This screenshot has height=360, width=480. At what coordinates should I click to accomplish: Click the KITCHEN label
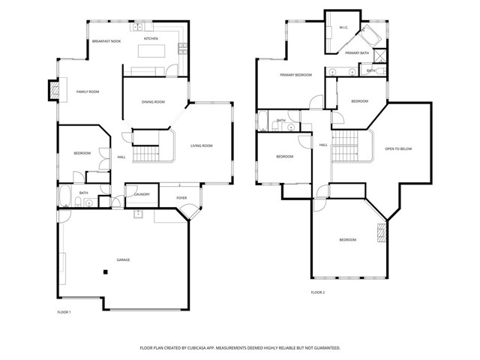pos(151,38)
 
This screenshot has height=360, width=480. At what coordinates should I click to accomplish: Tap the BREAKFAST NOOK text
pos(105,42)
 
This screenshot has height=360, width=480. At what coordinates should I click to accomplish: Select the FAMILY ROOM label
pos(88,91)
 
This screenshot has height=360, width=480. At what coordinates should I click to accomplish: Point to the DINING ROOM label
pos(154,102)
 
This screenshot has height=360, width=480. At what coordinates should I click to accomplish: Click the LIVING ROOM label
pos(202,145)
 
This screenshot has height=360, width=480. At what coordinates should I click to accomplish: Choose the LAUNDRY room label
pos(142,195)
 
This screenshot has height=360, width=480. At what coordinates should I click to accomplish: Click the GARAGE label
pos(123,259)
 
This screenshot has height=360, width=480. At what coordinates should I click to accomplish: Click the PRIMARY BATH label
pos(356,53)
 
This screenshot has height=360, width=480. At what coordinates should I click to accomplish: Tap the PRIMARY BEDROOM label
pos(295,75)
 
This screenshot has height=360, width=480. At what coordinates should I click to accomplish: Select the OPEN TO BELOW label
pos(398,148)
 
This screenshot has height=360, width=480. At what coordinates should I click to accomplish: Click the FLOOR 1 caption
pos(64,311)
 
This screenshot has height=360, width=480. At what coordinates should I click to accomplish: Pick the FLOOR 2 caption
pos(318,292)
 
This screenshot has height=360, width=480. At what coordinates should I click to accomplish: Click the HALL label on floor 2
pos(323,145)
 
